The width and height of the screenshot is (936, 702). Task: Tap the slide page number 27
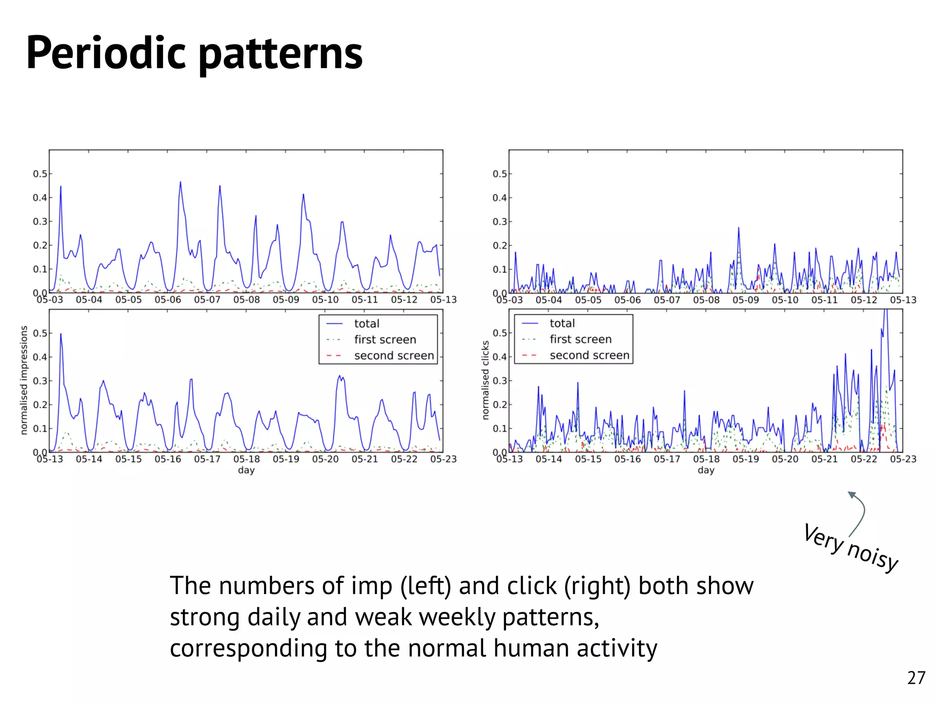click(916, 678)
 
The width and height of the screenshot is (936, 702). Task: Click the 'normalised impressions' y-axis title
click(24, 380)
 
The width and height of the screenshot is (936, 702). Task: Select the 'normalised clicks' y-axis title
click(485, 380)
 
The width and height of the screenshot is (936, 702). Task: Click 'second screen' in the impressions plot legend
click(394, 356)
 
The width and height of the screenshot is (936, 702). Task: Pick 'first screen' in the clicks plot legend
click(580, 339)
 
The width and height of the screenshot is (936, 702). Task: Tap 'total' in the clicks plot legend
click(562, 323)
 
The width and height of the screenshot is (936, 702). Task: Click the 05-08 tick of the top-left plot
click(246, 300)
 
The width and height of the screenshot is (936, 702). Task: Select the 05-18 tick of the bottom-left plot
click(246, 459)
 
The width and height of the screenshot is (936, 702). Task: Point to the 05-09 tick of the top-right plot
click(745, 300)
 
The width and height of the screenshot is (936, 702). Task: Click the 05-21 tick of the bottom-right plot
click(824, 459)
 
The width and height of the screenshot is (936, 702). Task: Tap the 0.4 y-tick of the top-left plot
click(40, 198)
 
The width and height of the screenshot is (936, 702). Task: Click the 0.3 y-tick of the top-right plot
click(500, 222)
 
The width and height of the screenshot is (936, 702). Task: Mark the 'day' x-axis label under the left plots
click(246, 470)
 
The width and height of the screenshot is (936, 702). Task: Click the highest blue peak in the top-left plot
click(180, 183)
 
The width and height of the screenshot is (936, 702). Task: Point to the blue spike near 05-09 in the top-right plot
click(739, 229)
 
